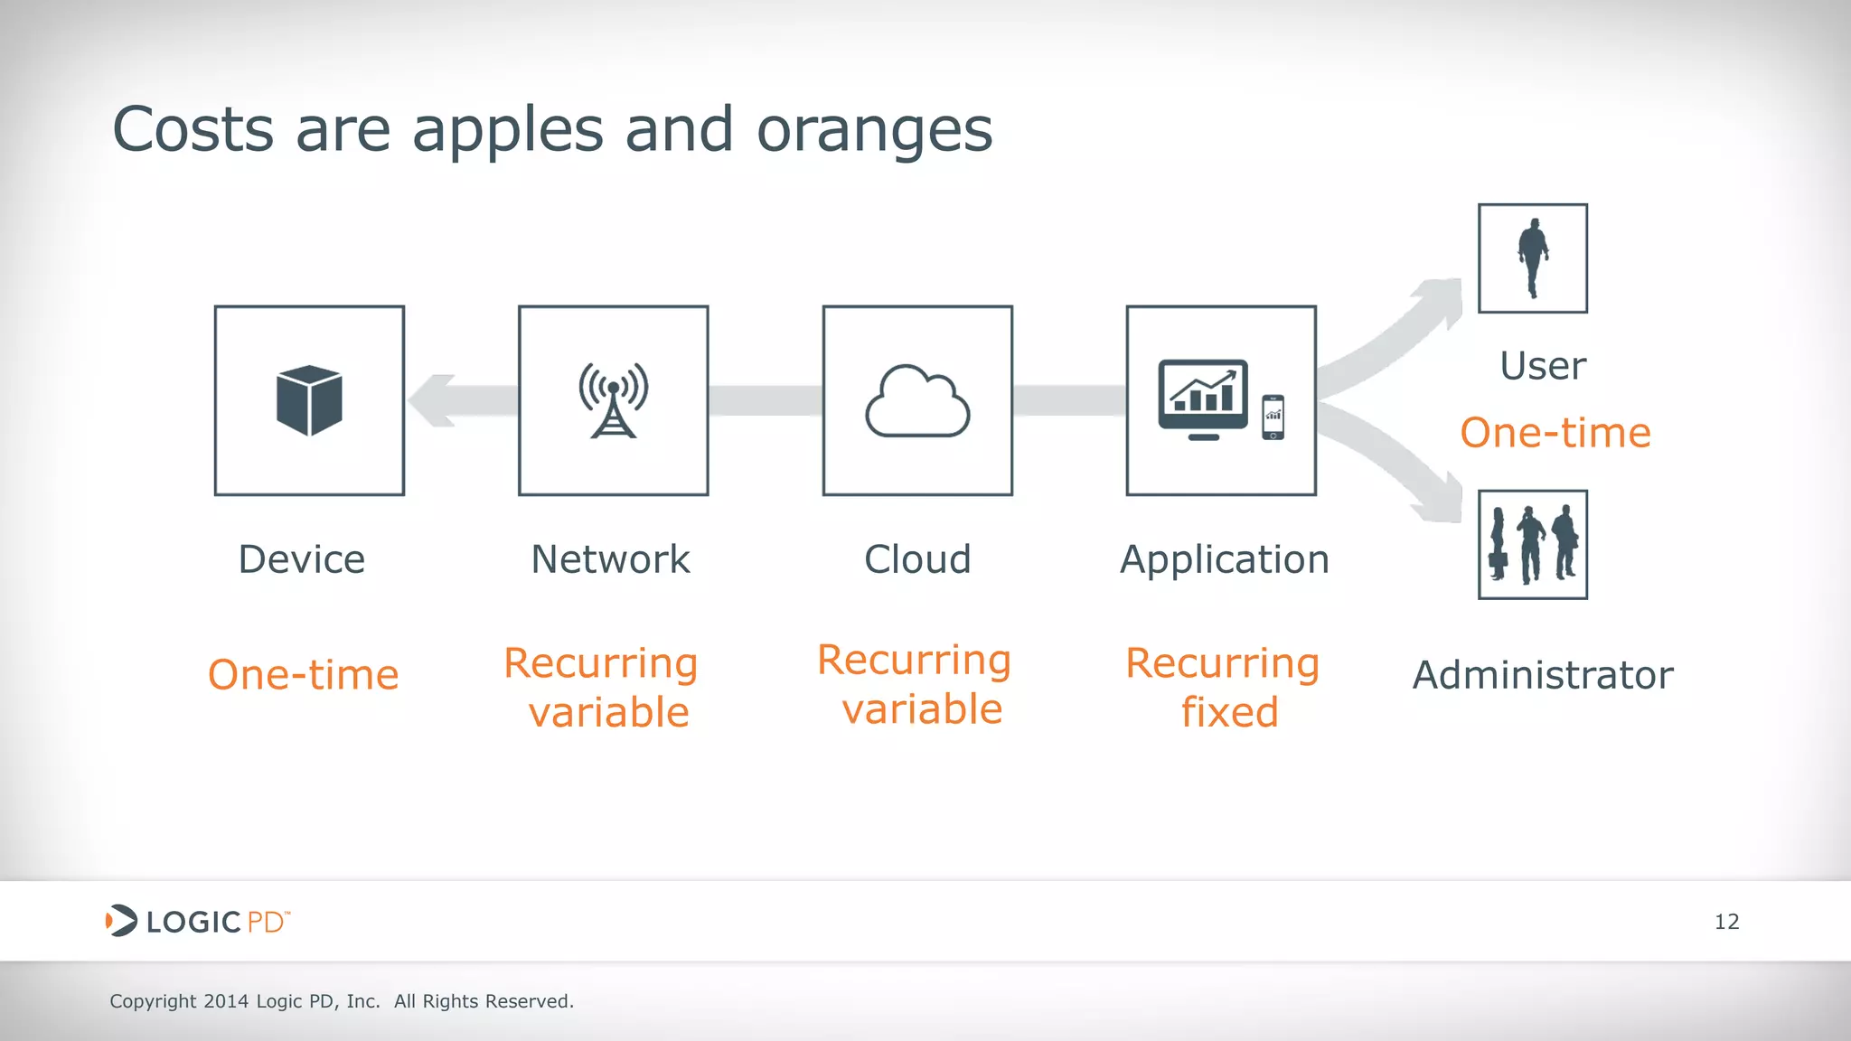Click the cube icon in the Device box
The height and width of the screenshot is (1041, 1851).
click(x=309, y=399)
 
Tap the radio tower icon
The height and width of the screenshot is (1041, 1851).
click(x=613, y=399)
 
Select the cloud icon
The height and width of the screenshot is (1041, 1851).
click(x=917, y=402)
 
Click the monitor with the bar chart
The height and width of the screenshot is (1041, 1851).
click(x=1203, y=399)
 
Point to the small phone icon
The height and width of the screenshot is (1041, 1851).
click(x=1273, y=417)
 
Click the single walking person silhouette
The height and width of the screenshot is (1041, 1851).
click(x=1533, y=258)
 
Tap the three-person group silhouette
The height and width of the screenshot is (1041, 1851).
click(x=1533, y=544)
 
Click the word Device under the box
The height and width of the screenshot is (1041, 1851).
click(x=302, y=559)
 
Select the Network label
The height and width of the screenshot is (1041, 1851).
click(x=610, y=559)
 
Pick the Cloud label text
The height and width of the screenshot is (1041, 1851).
click(x=917, y=559)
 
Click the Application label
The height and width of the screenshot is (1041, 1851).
click(x=1225, y=560)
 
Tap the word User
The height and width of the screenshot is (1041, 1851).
click(x=1543, y=366)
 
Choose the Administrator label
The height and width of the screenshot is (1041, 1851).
click(x=1543, y=675)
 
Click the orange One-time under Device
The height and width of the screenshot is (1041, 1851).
click(x=304, y=675)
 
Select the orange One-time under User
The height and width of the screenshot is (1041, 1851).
click(x=1555, y=433)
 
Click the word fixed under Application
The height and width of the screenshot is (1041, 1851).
click(x=1229, y=712)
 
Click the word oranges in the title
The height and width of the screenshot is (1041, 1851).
click(x=874, y=130)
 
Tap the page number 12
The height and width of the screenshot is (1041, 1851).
click(x=1726, y=922)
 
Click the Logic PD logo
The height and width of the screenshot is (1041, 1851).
click(x=197, y=921)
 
